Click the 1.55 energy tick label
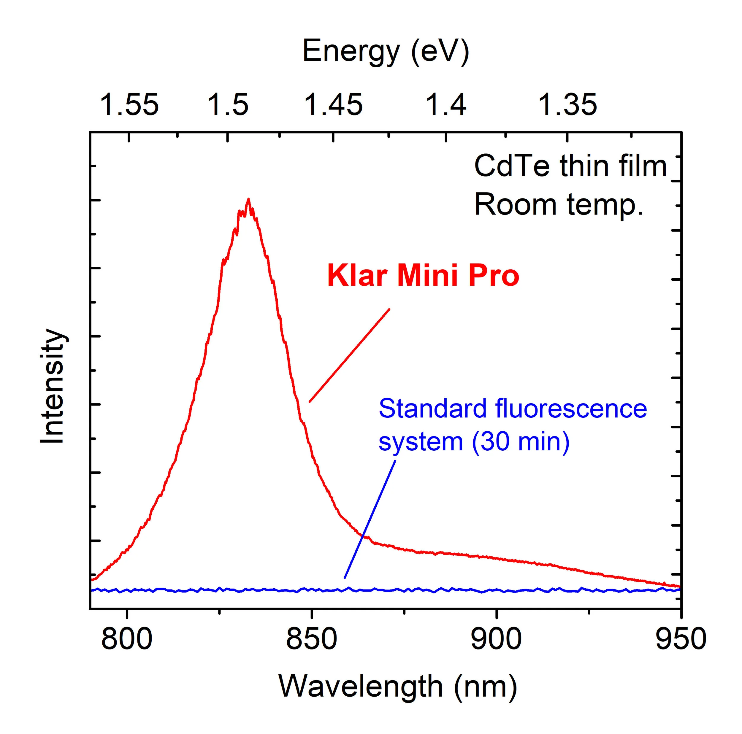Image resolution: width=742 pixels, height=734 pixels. tap(129, 104)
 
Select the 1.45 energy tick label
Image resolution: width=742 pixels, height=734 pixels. tap(333, 104)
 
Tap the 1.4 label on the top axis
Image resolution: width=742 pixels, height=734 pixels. tap(446, 104)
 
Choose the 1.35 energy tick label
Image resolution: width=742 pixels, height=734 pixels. tap(568, 104)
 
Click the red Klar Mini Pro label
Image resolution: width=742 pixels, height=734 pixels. tap(423, 276)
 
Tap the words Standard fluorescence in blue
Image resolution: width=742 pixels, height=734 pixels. tap(513, 409)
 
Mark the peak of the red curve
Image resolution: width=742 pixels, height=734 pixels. tap(248, 199)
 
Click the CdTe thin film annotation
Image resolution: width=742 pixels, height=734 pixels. tap(570, 166)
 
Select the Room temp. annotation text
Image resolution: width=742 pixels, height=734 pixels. tap(559, 205)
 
